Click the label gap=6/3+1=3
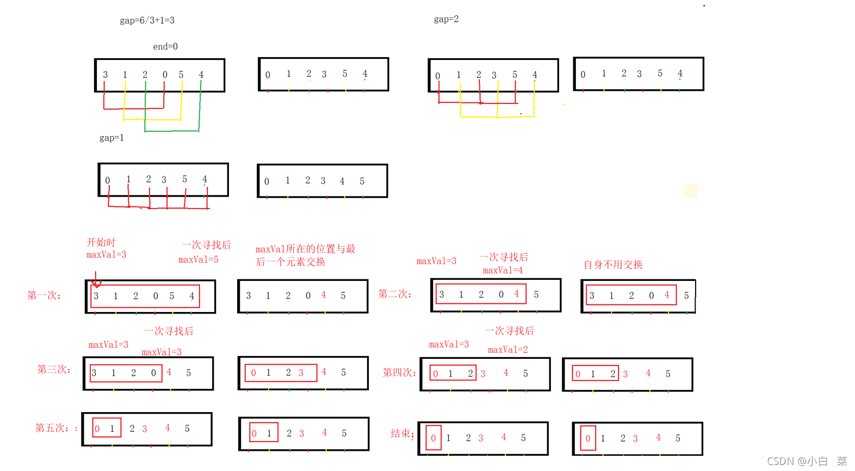(x=147, y=21)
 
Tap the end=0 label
(x=165, y=47)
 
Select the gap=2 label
(x=446, y=20)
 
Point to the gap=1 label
(x=111, y=138)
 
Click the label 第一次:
(x=44, y=296)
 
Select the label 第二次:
(x=395, y=295)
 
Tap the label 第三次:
(x=54, y=370)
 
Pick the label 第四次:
(x=399, y=373)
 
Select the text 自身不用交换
(x=613, y=265)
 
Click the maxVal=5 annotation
(x=199, y=260)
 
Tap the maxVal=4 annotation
(x=503, y=271)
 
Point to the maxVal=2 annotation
(x=508, y=350)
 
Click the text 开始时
(x=101, y=243)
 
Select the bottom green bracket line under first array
(x=172, y=131)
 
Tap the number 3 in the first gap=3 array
(x=106, y=75)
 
